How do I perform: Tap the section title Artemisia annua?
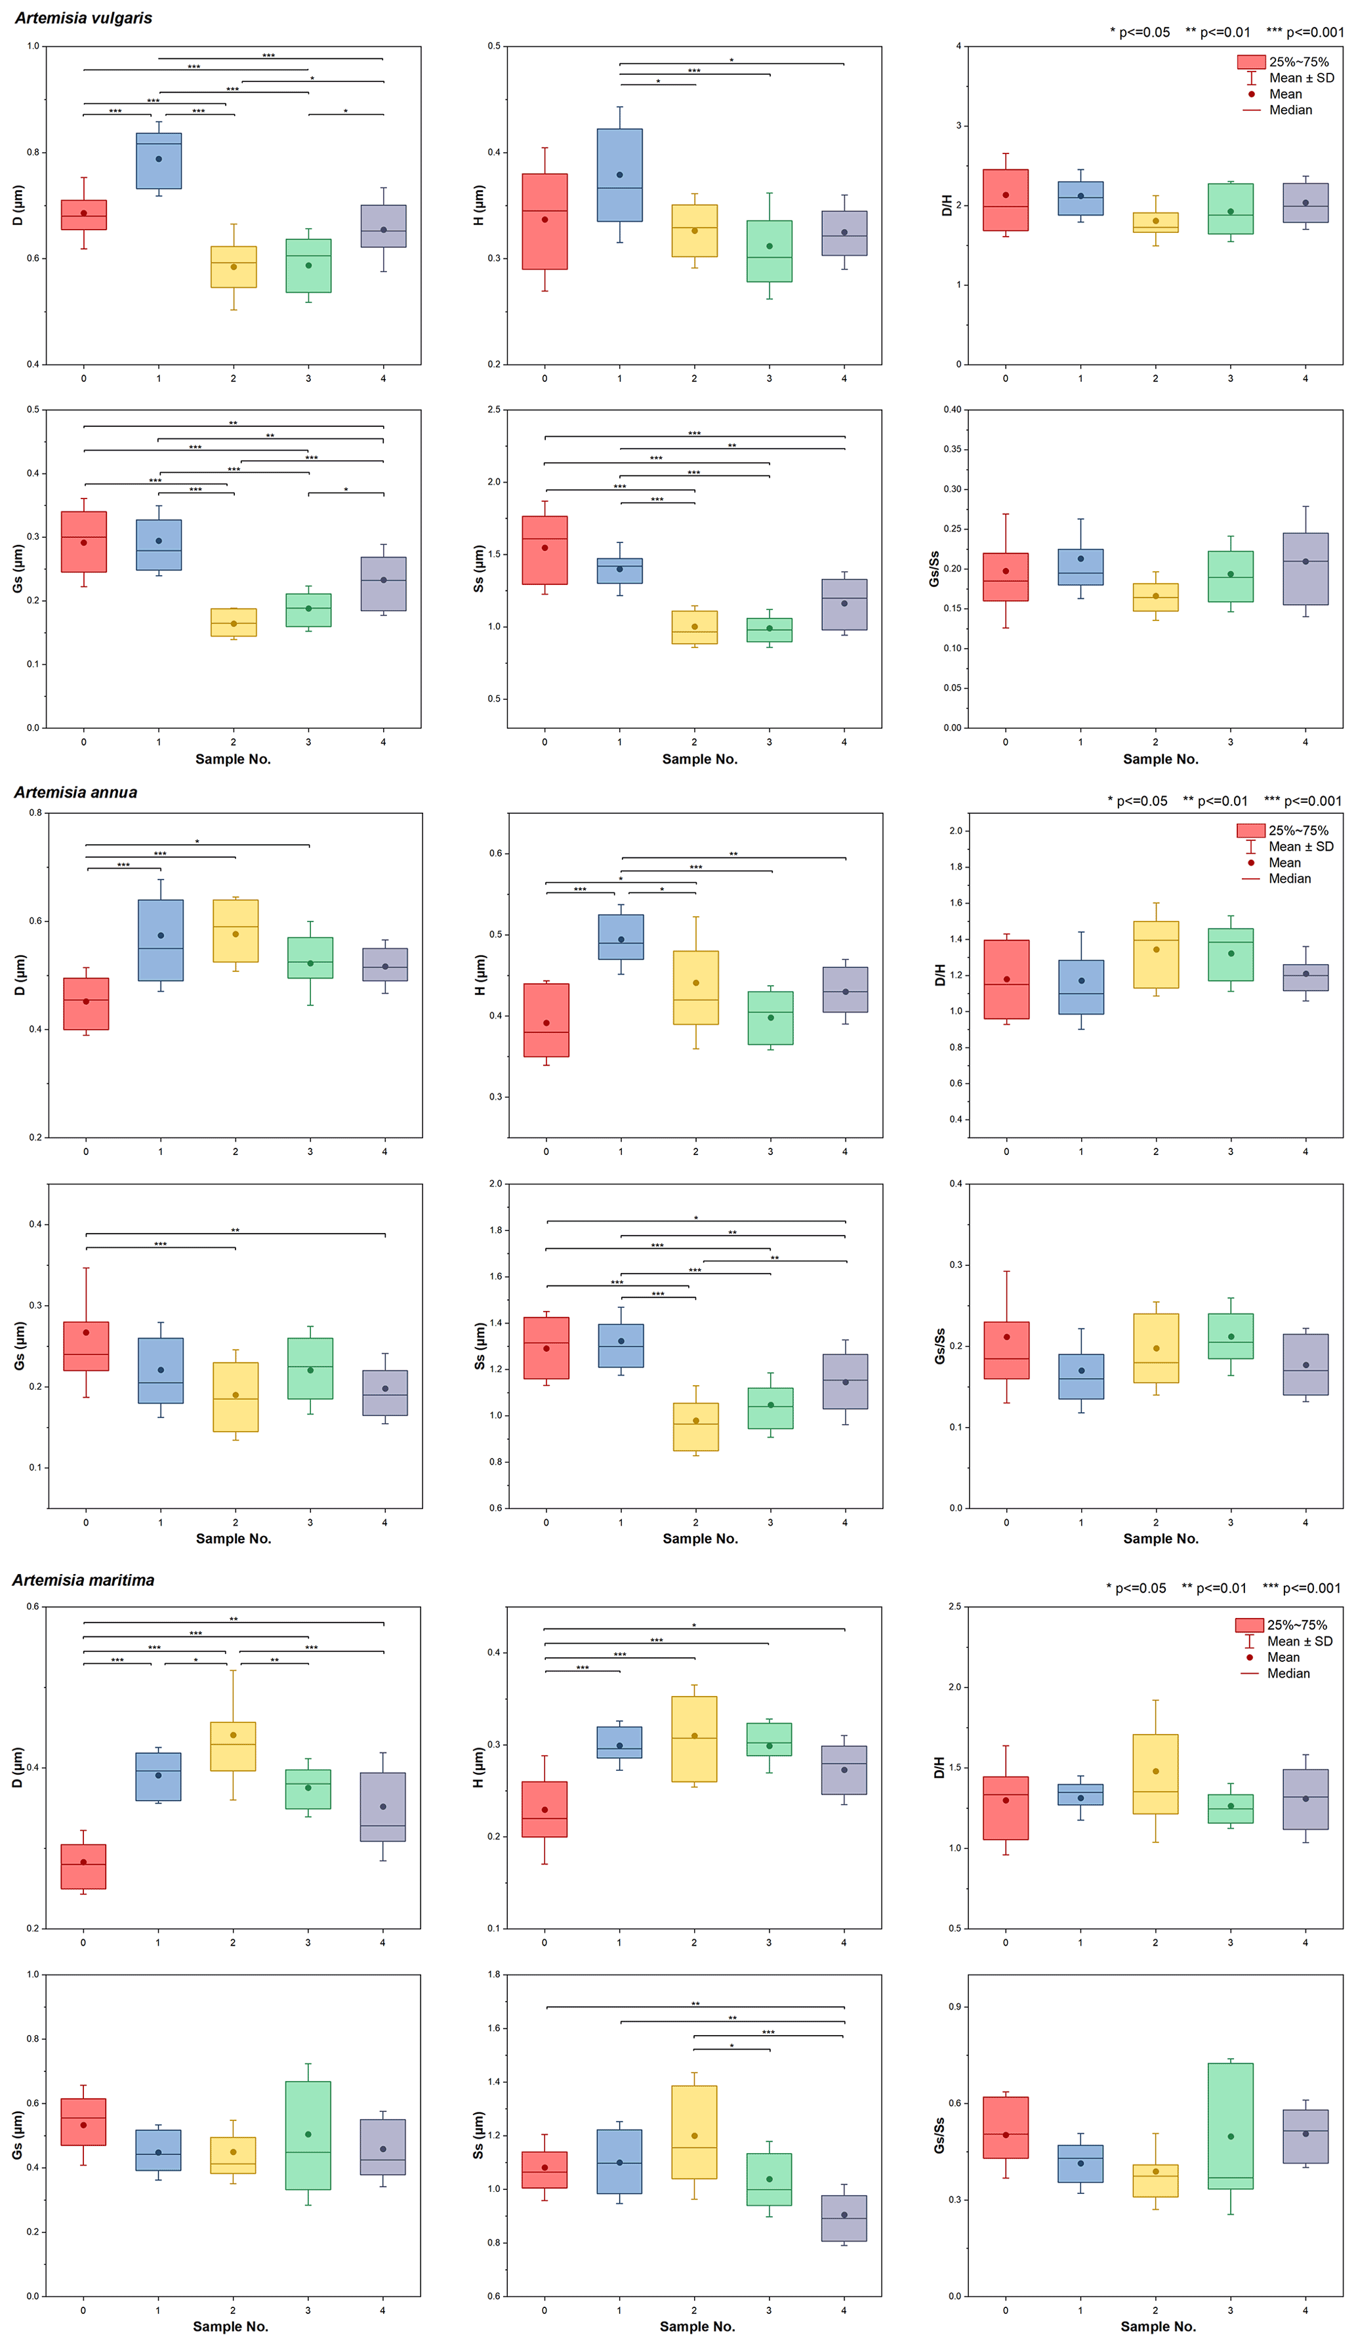click(x=75, y=792)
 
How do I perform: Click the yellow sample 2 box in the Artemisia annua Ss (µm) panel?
click(x=695, y=1426)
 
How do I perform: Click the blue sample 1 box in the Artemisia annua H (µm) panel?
click(x=620, y=937)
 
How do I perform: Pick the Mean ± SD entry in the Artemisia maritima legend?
click(x=1299, y=1641)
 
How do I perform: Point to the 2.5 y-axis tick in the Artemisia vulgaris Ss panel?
click(x=493, y=410)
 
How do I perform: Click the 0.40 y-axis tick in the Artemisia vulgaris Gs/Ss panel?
click(x=952, y=410)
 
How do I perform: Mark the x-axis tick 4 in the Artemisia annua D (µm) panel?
click(x=384, y=1152)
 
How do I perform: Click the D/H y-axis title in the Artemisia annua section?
click(x=941, y=975)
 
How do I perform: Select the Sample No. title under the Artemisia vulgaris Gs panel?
click(x=233, y=759)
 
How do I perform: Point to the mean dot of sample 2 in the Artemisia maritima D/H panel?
click(x=1155, y=1771)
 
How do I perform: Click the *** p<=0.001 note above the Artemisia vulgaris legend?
click(x=1305, y=33)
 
